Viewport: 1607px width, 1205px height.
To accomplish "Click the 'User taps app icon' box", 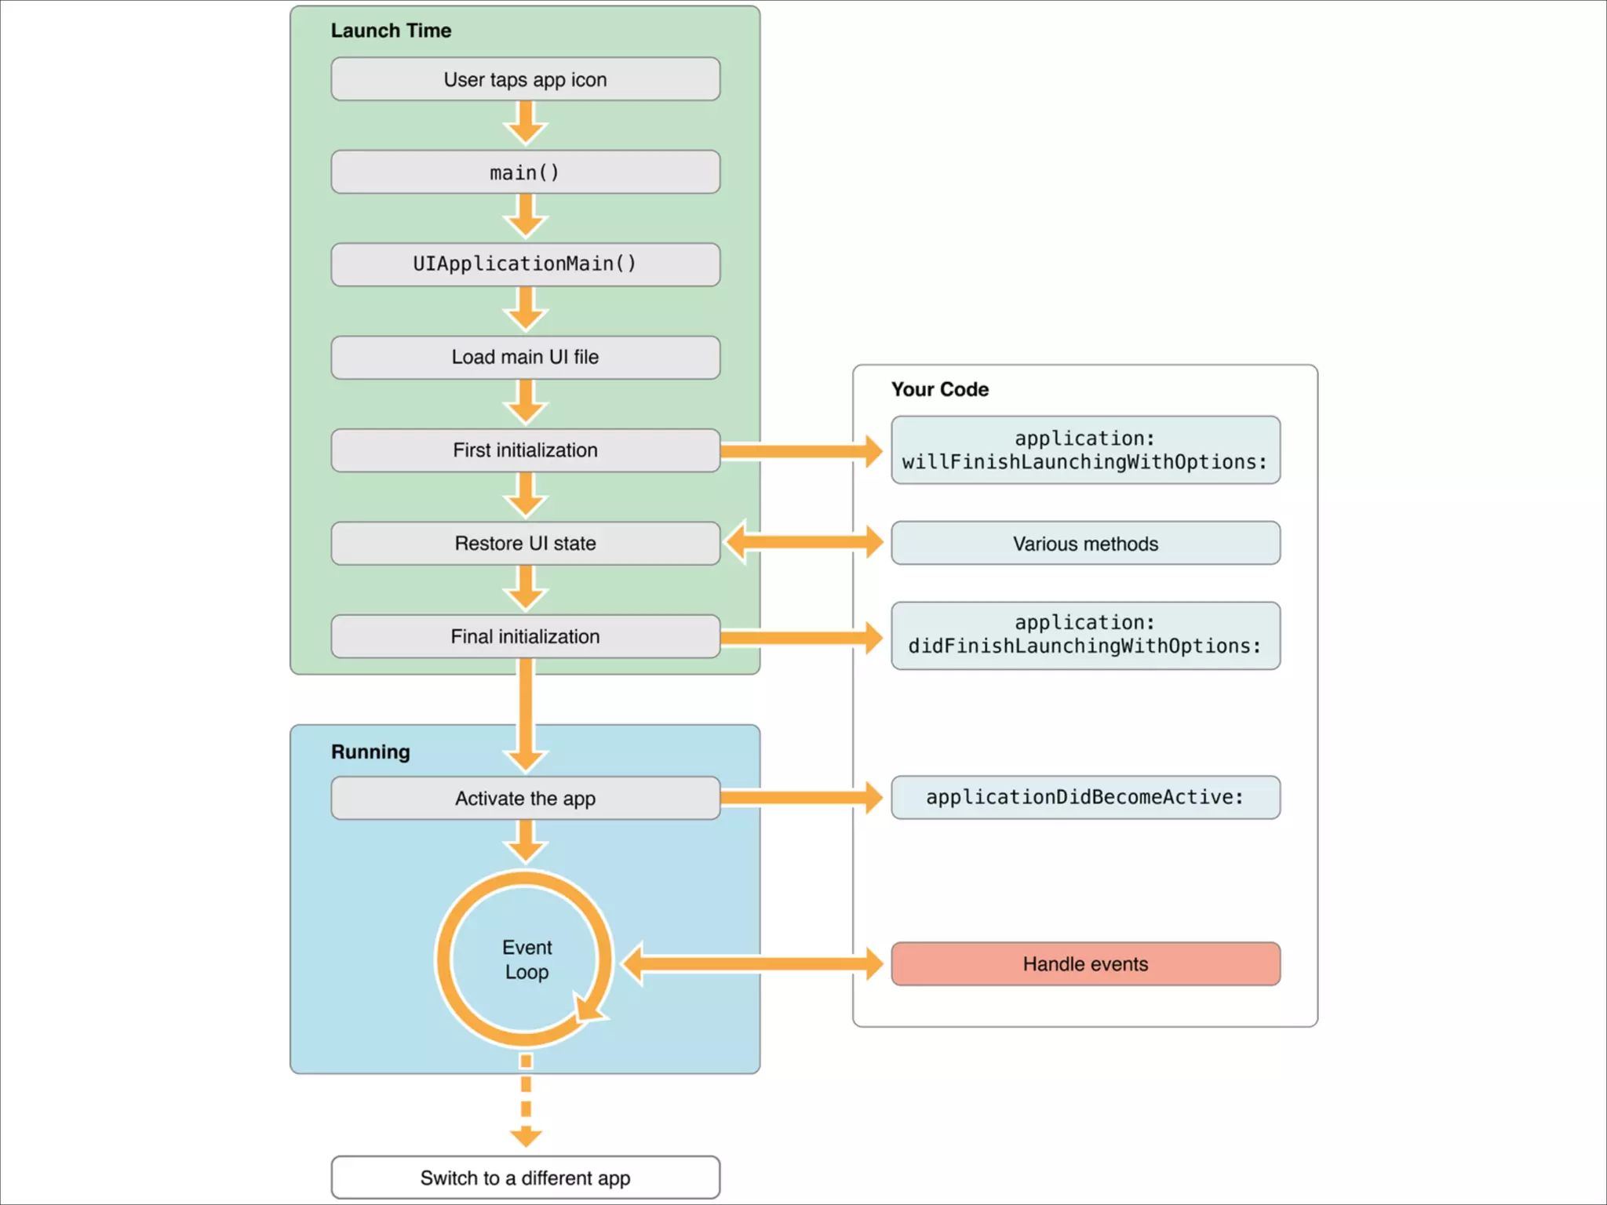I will coord(525,79).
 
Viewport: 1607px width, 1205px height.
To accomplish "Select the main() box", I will coord(525,172).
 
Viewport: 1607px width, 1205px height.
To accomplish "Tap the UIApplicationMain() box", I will coord(525,264).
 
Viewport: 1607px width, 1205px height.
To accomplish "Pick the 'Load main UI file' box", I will coord(525,358).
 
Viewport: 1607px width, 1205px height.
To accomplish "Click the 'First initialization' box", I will coord(525,450).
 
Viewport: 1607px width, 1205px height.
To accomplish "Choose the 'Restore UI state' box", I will coord(525,544).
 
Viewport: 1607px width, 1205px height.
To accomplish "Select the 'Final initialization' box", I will coord(525,636).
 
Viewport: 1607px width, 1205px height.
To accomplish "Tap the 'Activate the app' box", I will coord(525,799).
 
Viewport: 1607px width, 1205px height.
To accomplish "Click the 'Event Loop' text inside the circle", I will coord(527,959).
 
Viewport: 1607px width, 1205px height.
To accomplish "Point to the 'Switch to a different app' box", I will coord(525,1178).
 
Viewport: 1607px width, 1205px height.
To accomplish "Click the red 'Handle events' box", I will coord(1085,964).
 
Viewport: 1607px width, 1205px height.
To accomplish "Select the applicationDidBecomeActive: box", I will coord(1085,798).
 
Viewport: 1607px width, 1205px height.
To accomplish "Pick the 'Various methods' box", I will coord(1085,544).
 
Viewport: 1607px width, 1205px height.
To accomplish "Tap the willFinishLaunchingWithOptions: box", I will coord(1085,450).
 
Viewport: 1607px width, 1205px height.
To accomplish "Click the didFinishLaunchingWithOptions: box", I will coord(1085,635).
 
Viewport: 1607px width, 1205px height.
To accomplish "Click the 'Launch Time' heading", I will coord(391,31).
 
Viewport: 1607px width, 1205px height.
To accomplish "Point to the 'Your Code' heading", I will coord(939,390).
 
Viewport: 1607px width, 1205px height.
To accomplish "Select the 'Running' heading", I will coord(370,752).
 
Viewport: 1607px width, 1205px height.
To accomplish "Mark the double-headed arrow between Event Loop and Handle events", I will coord(753,964).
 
